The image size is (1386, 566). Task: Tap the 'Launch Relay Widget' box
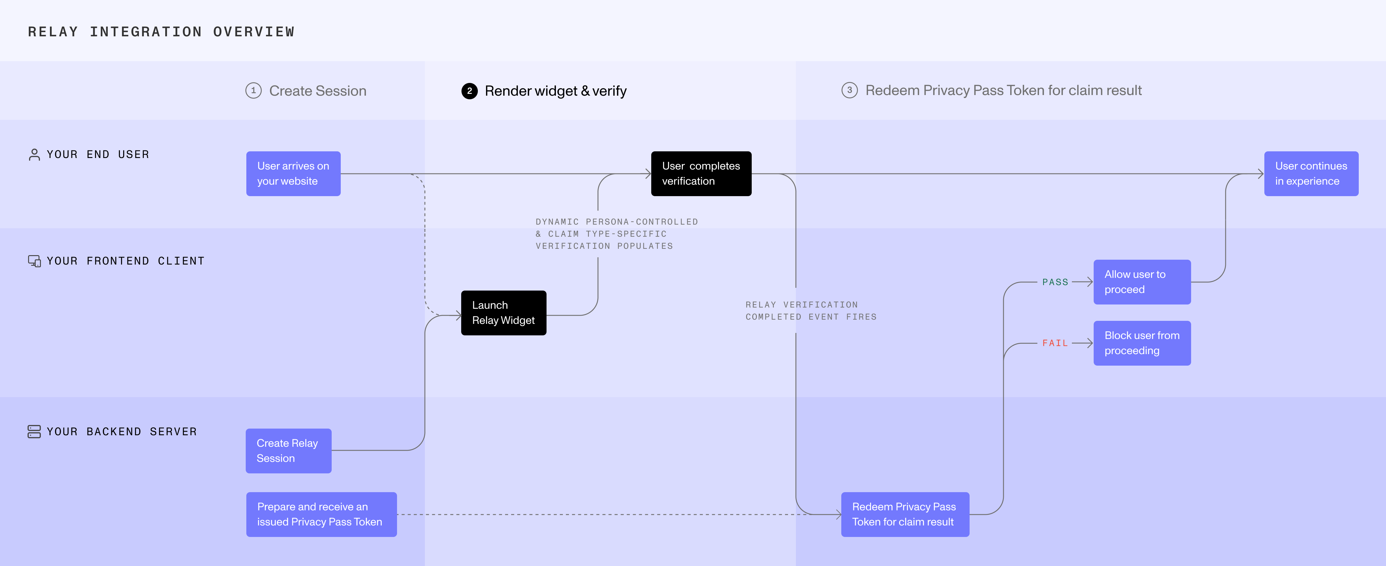click(504, 313)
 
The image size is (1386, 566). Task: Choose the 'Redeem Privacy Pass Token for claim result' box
click(905, 514)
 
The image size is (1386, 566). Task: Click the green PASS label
click(1055, 282)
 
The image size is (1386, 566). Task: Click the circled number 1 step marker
click(253, 90)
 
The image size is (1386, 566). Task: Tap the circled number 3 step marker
click(849, 90)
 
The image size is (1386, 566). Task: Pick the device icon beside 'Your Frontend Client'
click(34, 261)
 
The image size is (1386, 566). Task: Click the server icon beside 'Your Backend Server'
click(34, 432)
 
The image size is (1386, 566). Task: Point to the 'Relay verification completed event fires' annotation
click(811, 311)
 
